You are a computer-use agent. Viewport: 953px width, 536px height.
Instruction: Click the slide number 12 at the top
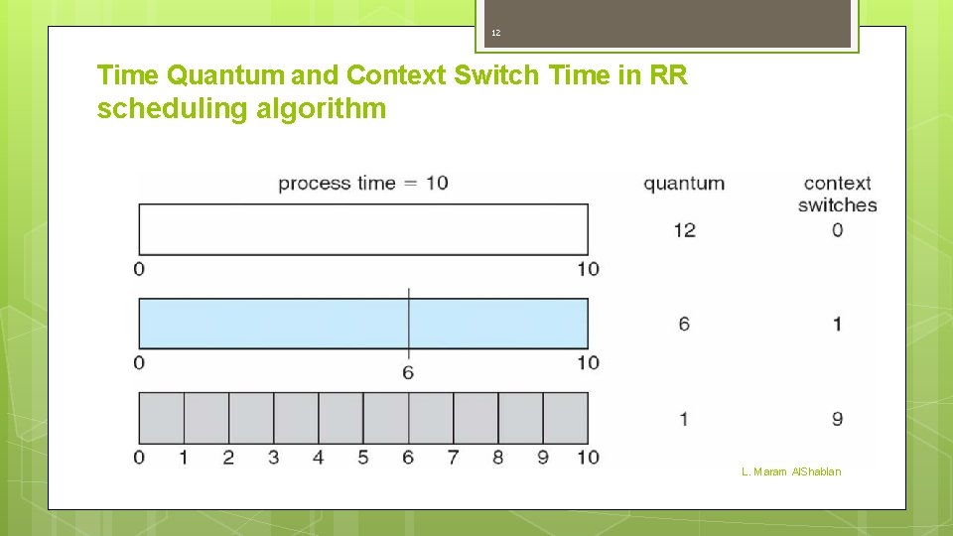pyautogui.click(x=496, y=34)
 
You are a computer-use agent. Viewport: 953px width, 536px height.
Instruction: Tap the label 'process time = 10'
pyautogui.click(x=362, y=183)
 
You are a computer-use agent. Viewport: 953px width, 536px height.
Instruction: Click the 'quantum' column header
pyautogui.click(x=684, y=184)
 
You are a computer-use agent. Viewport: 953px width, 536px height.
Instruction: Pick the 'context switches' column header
pyautogui.click(x=837, y=194)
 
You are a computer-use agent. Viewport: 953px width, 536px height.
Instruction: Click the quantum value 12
pyautogui.click(x=684, y=230)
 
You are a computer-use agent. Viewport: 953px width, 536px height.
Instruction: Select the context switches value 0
pyautogui.click(x=837, y=230)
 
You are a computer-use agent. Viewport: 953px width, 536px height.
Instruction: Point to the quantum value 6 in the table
pyautogui.click(x=684, y=324)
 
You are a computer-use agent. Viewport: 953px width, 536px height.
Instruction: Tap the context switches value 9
pyautogui.click(x=837, y=419)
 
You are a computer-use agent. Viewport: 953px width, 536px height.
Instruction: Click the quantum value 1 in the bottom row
pyautogui.click(x=684, y=419)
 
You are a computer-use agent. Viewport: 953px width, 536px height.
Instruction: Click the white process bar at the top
pyautogui.click(x=362, y=229)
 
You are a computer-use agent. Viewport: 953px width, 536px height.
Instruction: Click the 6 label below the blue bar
pyautogui.click(x=408, y=372)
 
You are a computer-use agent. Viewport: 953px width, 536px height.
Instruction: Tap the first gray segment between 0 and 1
pyautogui.click(x=161, y=418)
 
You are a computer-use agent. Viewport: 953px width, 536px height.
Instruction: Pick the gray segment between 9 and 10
pyautogui.click(x=565, y=418)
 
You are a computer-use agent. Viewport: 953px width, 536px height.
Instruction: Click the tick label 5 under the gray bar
pyautogui.click(x=363, y=458)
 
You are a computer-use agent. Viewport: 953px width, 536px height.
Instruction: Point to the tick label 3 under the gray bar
pyautogui.click(x=273, y=458)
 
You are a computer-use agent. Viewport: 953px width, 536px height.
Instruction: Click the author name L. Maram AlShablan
pyautogui.click(x=790, y=471)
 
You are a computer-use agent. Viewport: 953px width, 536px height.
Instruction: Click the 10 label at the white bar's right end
pyautogui.click(x=588, y=269)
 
